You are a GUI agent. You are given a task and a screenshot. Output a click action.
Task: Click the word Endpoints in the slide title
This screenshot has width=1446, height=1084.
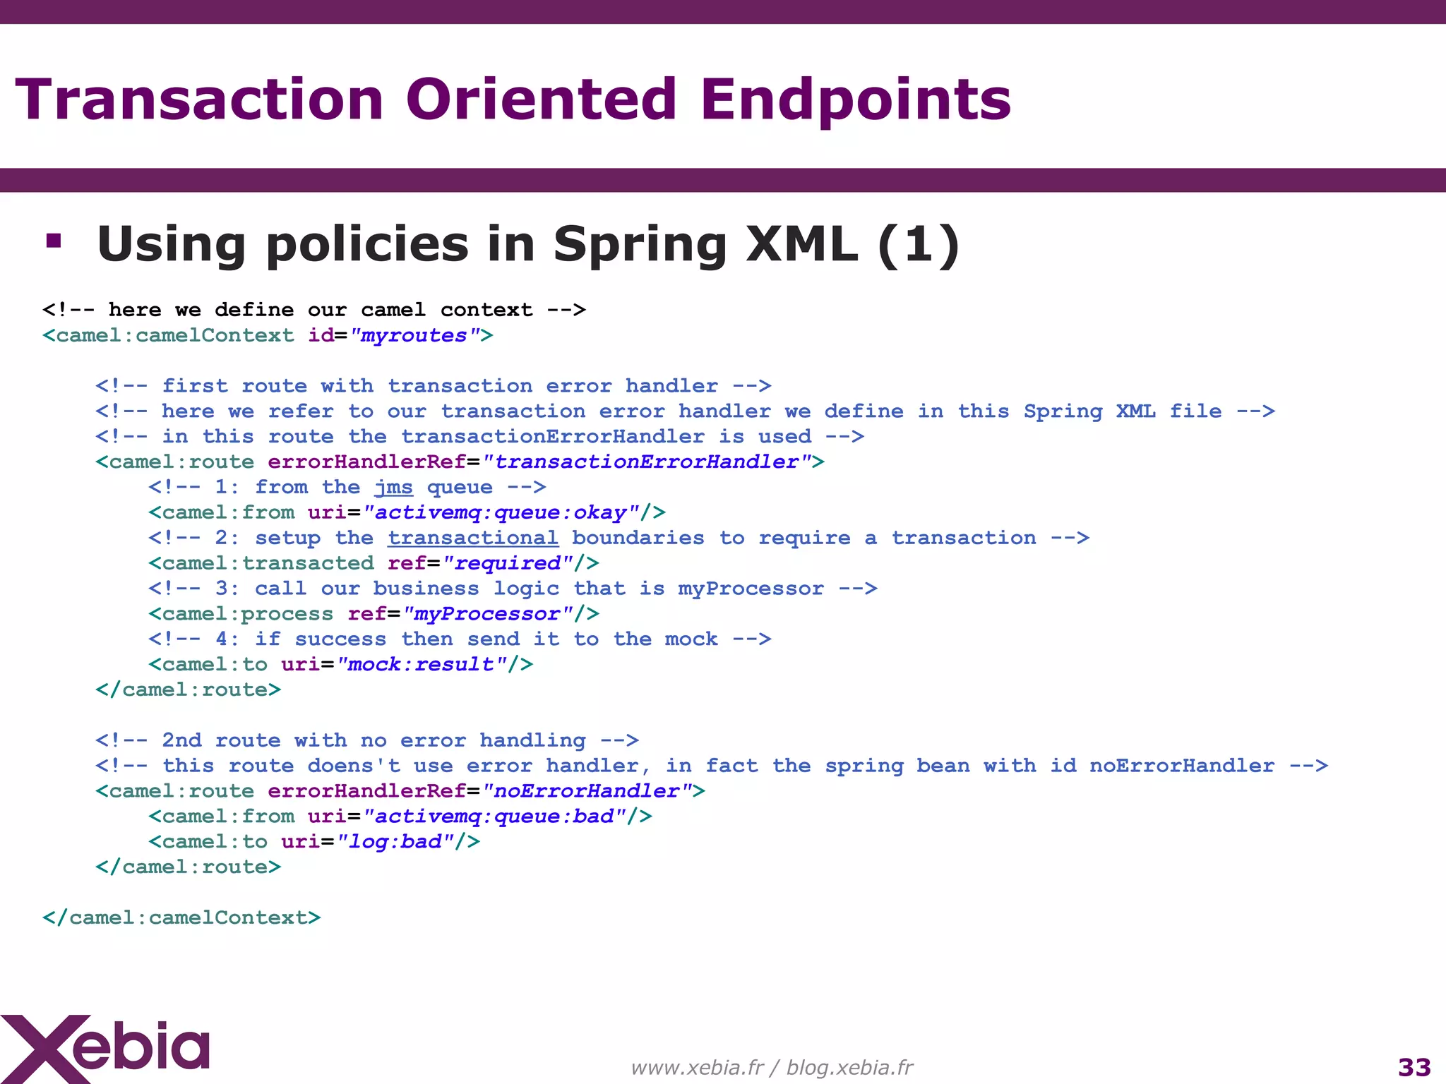(855, 100)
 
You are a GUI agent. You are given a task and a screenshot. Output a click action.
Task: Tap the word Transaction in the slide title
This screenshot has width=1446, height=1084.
(199, 100)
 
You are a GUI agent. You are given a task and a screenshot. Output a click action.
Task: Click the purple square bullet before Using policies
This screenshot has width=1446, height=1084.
(54, 241)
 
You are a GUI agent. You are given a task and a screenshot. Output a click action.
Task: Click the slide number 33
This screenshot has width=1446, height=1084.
(1414, 1067)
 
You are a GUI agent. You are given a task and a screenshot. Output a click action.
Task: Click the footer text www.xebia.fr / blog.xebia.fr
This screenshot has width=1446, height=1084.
(771, 1067)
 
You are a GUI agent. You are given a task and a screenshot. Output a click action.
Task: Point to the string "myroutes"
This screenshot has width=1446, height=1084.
(414, 335)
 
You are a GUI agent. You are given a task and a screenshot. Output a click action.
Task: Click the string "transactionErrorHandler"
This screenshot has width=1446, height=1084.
(647, 462)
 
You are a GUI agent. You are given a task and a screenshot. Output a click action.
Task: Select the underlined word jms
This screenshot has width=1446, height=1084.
(393, 487)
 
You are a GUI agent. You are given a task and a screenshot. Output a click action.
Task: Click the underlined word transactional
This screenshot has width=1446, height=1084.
(473, 538)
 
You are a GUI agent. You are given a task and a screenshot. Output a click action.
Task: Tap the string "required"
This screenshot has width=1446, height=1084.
(507, 563)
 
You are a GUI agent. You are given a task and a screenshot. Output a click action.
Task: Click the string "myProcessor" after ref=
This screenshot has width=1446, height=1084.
(487, 614)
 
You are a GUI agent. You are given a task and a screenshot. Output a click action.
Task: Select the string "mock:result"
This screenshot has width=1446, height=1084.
(422, 664)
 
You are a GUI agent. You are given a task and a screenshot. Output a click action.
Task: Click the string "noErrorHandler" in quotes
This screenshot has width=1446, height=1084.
(587, 791)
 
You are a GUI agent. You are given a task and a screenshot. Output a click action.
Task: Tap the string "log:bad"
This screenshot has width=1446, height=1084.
(395, 842)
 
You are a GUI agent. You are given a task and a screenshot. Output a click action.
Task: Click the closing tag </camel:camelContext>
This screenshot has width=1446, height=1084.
(181, 917)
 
